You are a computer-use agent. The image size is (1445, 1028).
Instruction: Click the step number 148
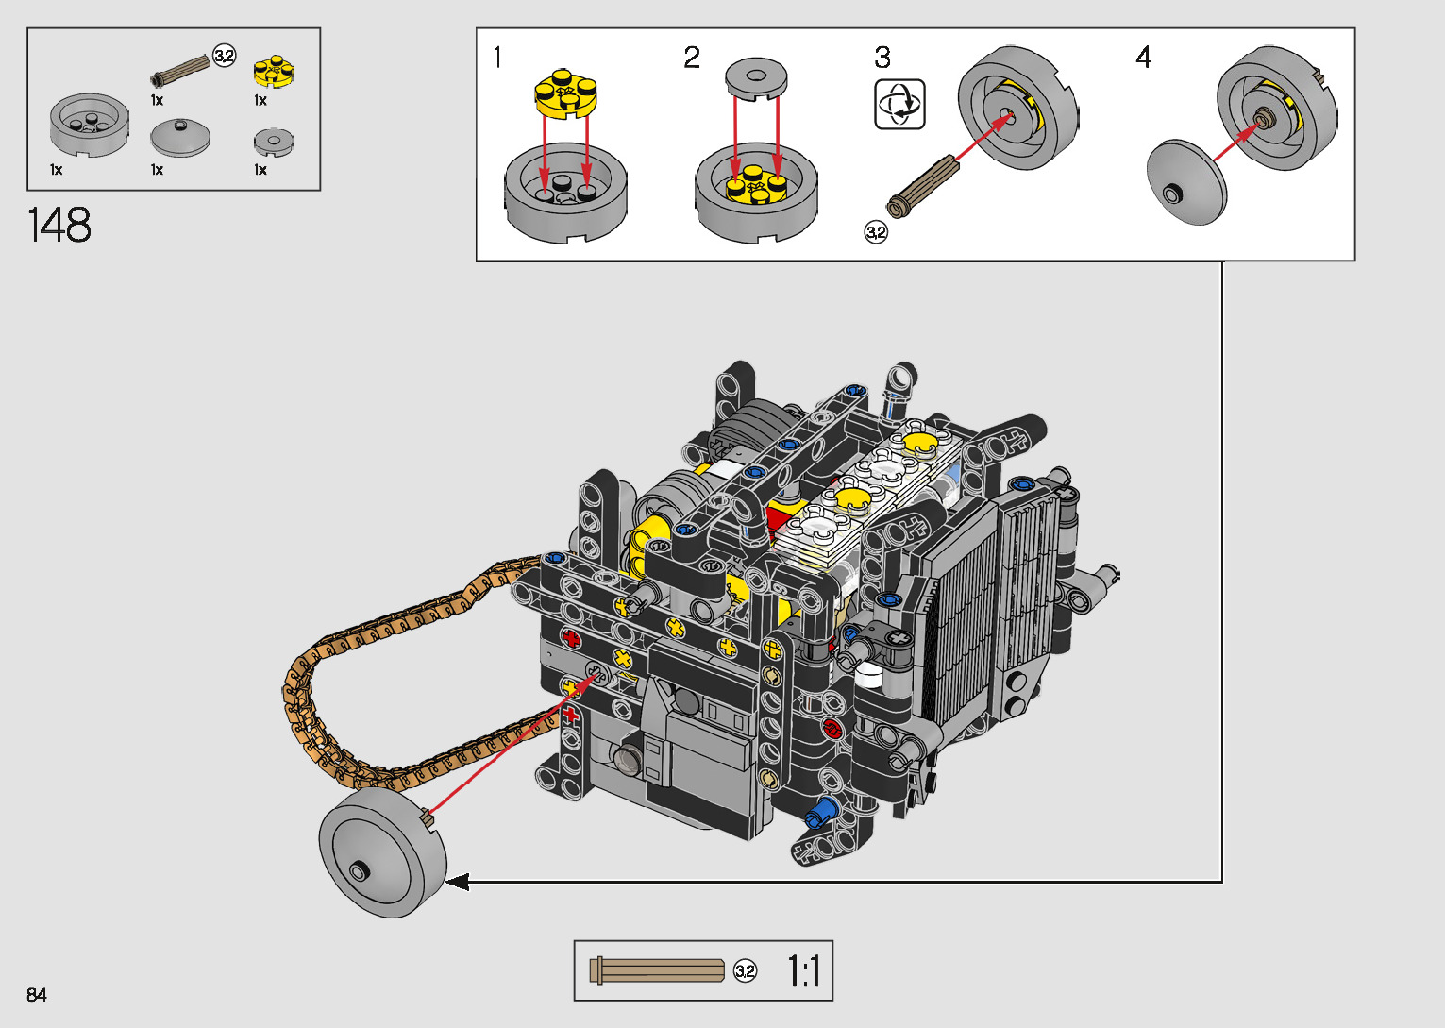(59, 226)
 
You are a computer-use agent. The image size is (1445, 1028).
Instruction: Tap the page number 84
(37, 995)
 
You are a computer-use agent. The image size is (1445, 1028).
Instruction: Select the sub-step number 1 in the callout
(496, 58)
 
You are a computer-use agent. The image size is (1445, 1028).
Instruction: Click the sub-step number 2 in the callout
(692, 58)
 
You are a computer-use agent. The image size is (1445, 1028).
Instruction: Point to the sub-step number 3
(882, 58)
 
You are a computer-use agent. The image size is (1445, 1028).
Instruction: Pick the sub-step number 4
(1143, 58)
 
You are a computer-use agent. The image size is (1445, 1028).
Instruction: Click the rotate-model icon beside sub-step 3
(899, 105)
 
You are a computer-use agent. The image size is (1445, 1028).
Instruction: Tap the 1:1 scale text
(804, 971)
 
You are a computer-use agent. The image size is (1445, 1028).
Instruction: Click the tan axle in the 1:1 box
(657, 970)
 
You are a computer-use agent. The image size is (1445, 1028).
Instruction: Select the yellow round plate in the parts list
(274, 72)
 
